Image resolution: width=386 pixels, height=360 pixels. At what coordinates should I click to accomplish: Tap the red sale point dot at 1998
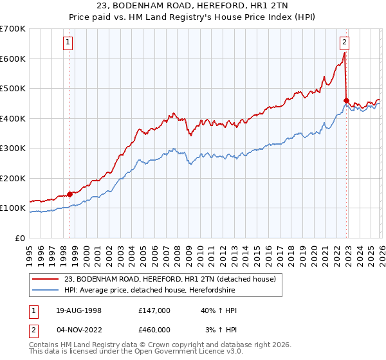(70, 194)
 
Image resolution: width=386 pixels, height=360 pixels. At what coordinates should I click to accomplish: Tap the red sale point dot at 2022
(346, 100)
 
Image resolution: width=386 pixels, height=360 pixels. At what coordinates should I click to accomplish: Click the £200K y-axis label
(13, 178)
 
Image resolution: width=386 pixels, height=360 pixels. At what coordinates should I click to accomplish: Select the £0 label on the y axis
(19, 238)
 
